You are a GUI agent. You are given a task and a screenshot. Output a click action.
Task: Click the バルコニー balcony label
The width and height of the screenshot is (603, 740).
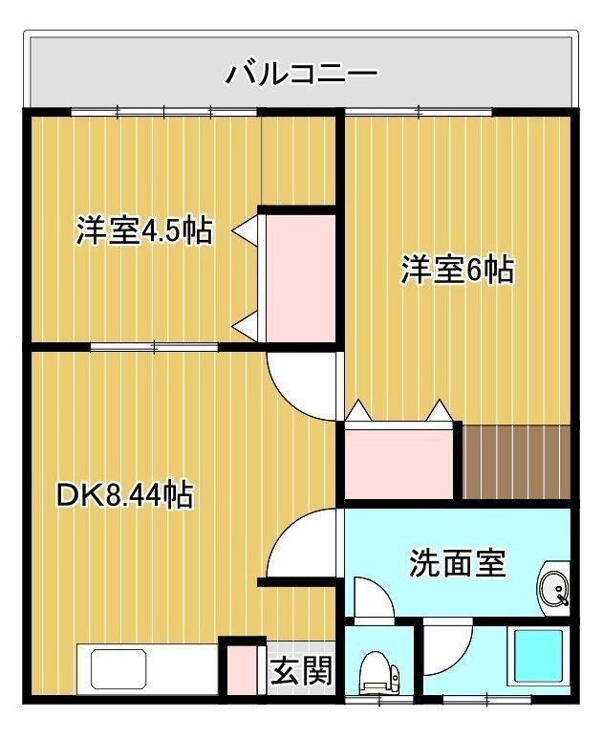click(x=301, y=74)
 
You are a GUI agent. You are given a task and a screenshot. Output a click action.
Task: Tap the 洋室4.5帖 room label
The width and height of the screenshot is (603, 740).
click(x=144, y=230)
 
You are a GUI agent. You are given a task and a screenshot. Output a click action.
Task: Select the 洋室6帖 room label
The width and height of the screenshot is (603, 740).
click(x=457, y=270)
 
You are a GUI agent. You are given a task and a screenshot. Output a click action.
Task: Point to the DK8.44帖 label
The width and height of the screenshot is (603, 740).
click(x=124, y=494)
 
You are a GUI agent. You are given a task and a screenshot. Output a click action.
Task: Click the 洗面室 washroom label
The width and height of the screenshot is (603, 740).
click(x=457, y=562)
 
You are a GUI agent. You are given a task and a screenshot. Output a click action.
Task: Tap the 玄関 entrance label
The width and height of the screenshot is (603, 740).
click(x=301, y=670)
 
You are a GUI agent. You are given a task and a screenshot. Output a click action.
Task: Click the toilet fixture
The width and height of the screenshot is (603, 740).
click(x=378, y=672)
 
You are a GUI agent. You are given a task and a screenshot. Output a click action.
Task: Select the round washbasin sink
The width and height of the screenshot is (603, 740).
click(x=553, y=589)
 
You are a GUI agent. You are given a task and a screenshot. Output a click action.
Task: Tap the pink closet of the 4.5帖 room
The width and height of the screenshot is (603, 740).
click(x=300, y=278)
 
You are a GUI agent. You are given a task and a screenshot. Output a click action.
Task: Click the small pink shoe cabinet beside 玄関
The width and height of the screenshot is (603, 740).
click(x=242, y=669)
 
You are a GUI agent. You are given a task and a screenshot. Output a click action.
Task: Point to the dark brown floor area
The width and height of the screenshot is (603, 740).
click(x=516, y=462)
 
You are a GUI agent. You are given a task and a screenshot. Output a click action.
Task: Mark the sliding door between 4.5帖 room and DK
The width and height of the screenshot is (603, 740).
click(x=154, y=347)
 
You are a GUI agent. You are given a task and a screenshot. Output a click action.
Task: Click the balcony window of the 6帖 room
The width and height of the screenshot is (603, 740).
click(x=419, y=112)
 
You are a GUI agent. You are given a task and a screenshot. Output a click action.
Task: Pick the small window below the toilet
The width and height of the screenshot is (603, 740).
click(x=378, y=701)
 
